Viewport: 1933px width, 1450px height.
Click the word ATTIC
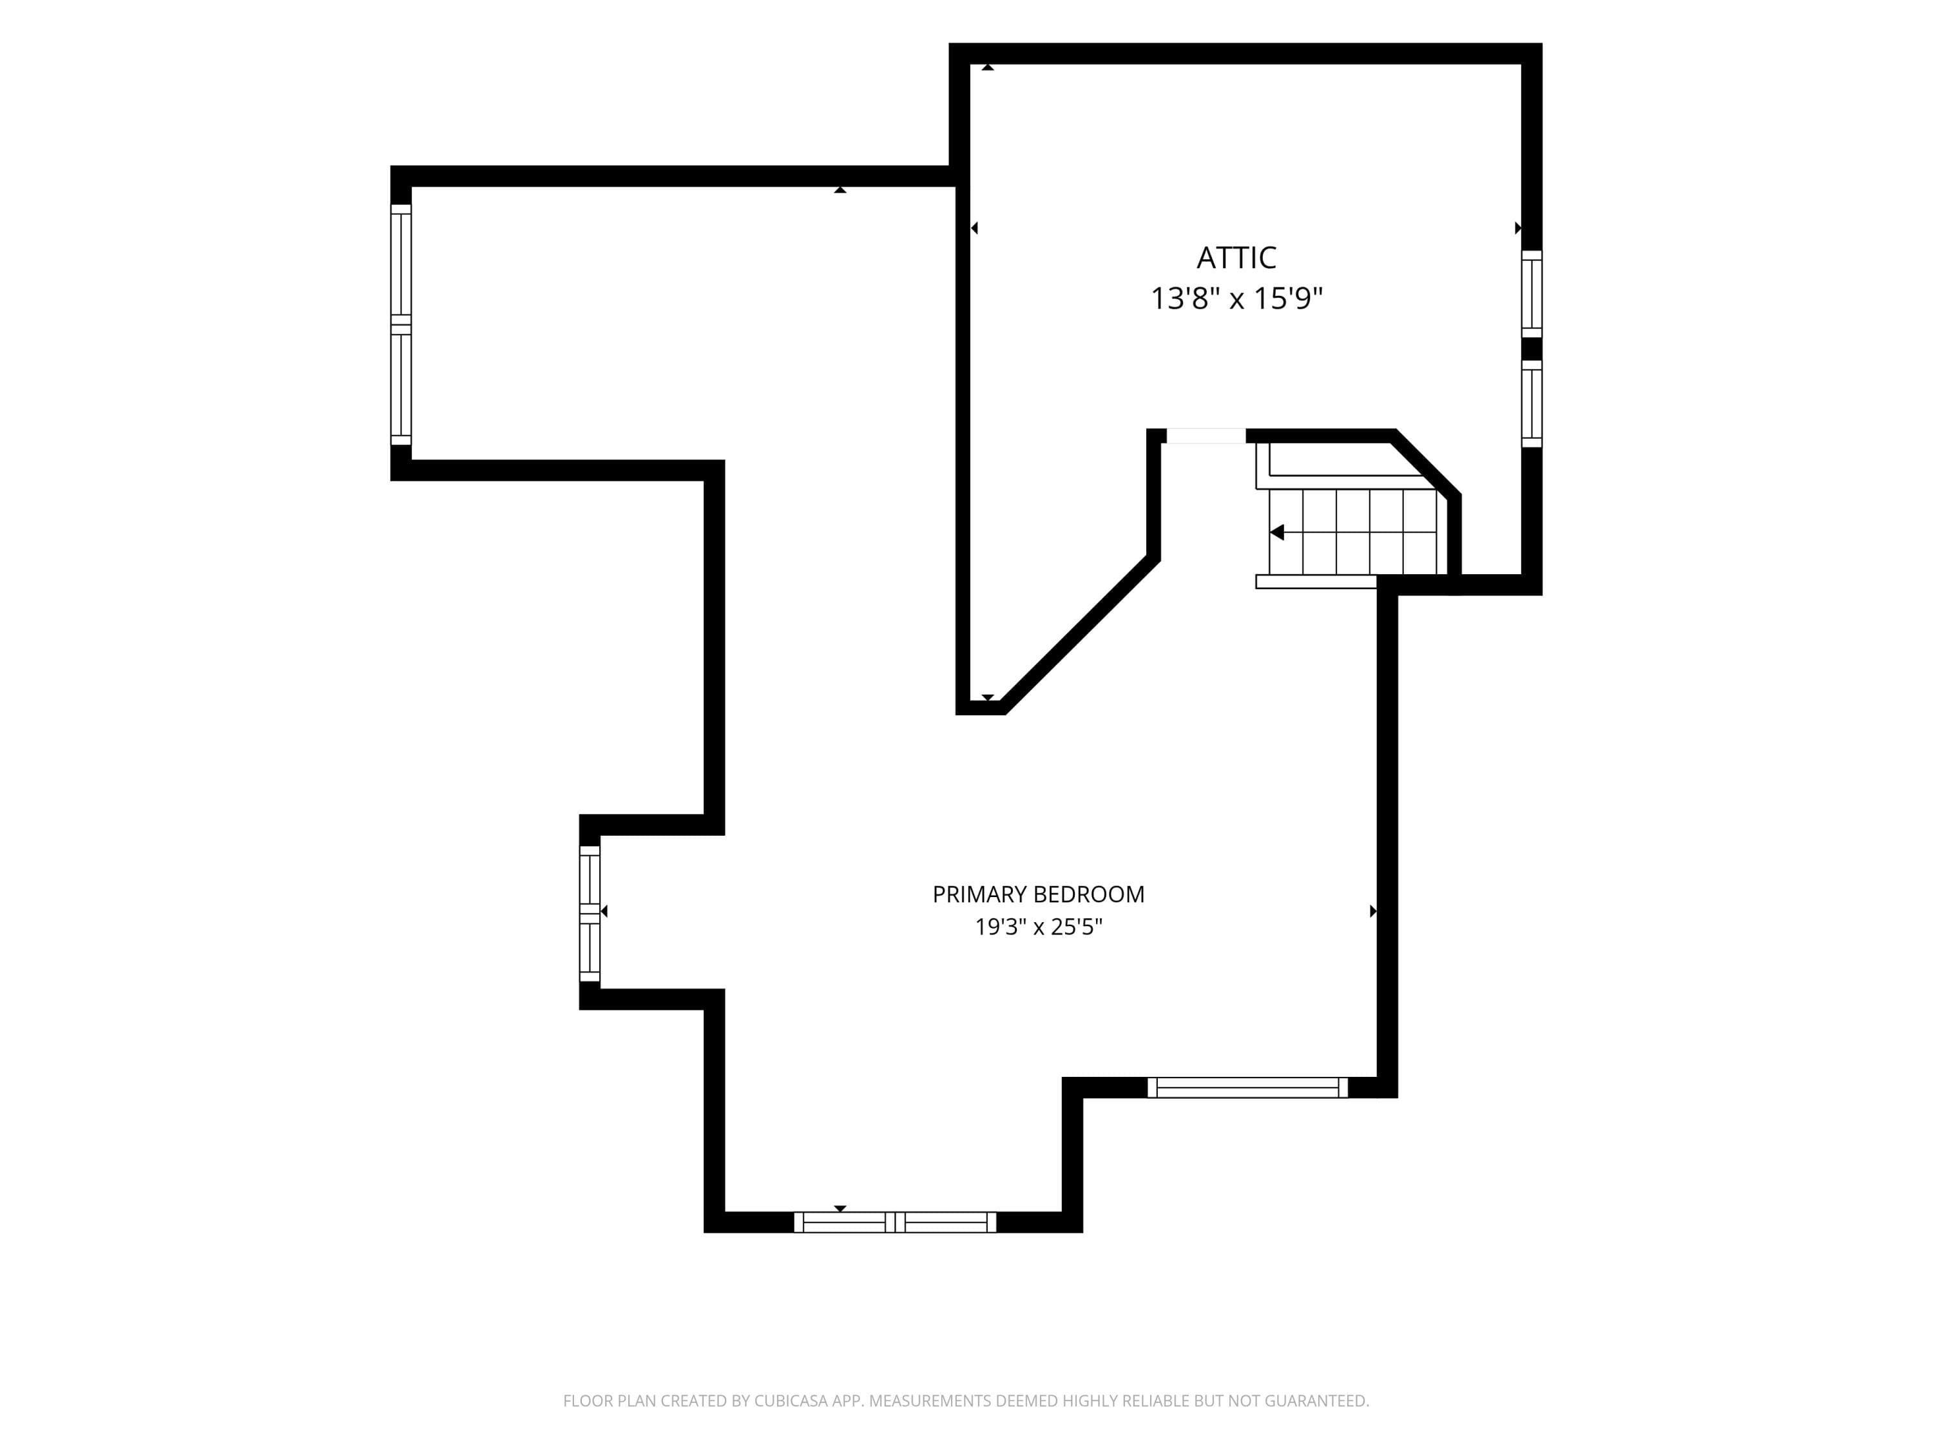pos(1236,258)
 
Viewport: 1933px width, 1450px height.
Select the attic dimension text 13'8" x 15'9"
pos(1236,299)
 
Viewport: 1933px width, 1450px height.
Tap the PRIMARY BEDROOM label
pos(1038,894)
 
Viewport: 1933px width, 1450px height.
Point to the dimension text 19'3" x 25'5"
pos(1038,927)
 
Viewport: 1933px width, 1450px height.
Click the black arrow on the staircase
pos(1276,532)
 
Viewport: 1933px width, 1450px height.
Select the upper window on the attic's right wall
pos(1531,294)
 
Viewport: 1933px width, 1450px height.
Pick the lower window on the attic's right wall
pos(1531,404)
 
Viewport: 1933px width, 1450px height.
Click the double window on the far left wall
pos(400,324)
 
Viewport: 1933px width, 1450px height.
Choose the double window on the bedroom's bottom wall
pos(895,1222)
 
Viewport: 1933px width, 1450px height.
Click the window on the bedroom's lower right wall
pos(1247,1087)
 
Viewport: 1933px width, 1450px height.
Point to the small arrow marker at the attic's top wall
pos(988,67)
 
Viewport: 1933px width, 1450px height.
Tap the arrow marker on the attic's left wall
pos(974,228)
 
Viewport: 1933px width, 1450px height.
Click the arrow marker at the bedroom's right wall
pos(1373,911)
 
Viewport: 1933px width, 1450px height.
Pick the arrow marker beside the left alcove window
pos(604,911)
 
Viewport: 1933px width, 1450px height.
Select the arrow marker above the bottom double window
pos(840,1208)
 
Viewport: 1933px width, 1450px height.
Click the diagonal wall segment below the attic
pos(1080,635)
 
